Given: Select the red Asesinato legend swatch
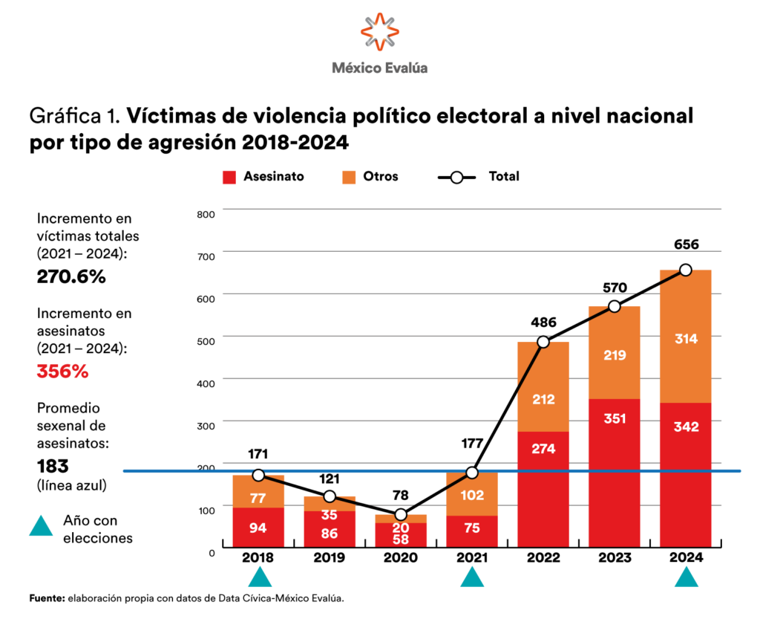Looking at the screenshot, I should click(229, 177).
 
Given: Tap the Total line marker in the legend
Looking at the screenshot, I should click(457, 177).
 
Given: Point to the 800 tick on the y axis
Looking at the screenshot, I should click(206, 214).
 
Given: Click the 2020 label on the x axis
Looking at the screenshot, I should click(401, 557).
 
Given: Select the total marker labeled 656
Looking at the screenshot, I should click(686, 270).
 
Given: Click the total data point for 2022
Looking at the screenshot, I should click(543, 342).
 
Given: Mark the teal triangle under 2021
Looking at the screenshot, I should click(472, 577).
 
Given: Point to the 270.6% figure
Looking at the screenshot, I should click(71, 277).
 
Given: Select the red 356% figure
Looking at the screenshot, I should click(63, 371).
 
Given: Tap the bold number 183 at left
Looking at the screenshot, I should click(53, 466).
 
